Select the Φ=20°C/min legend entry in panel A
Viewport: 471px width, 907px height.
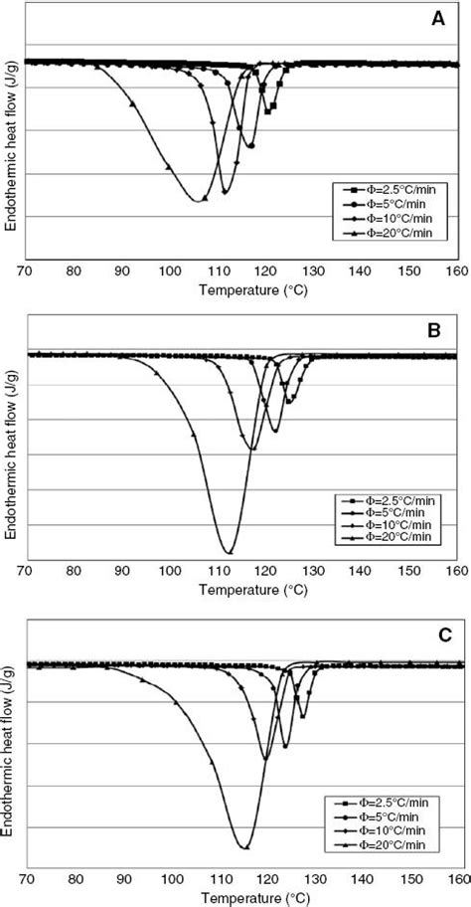tap(388, 232)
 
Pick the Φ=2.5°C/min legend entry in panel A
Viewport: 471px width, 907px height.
tap(388, 189)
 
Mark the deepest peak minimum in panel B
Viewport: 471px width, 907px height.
tap(229, 552)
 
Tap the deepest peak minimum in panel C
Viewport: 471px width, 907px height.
tap(243, 847)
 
